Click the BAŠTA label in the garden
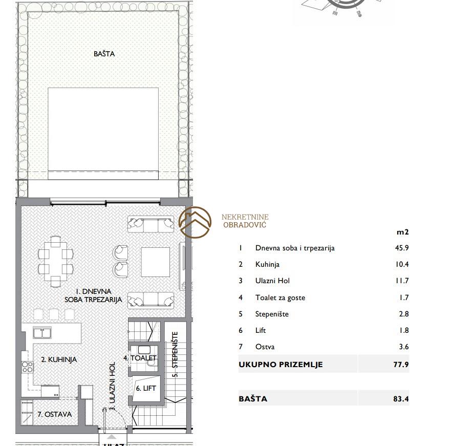click(x=104, y=54)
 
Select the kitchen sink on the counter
click(x=42, y=333)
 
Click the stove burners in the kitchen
click(x=28, y=367)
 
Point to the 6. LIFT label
click(x=146, y=388)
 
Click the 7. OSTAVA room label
click(x=55, y=414)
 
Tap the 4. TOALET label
click(x=140, y=358)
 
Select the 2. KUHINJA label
click(x=59, y=359)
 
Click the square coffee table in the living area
click(x=156, y=262)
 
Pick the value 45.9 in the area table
click(x=402, y=248)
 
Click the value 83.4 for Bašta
click(x=401, y=399)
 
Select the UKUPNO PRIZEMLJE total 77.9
click(x=401, y=365)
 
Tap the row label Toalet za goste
click(x=280, y=298)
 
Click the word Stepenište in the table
click(x=272, y=314)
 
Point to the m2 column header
click(x=403, y=232)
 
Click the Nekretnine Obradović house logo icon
click(x=195, y=223)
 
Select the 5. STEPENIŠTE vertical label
click(x=175, y=354)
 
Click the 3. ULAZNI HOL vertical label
click(x=113, y=386)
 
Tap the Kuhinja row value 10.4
click(x=402, y=264)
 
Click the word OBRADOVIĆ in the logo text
click(x=245, y=225)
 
